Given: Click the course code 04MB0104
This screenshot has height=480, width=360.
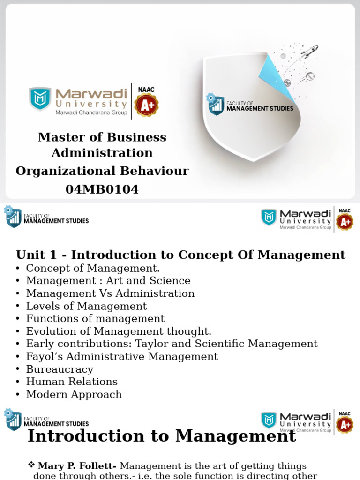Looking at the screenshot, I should (102, 189).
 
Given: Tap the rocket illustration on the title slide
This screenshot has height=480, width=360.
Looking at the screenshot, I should (309, 52).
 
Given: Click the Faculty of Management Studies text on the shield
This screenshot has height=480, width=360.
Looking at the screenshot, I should (260, 106).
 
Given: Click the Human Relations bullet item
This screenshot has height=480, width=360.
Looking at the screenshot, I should (72, 382).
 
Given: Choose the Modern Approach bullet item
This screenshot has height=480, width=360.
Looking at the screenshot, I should (74, 394).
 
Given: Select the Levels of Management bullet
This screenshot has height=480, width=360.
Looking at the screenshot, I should (86, 306).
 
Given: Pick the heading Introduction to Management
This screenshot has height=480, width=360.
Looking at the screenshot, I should (162, 436).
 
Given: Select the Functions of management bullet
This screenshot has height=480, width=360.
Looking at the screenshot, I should (95, 318).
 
